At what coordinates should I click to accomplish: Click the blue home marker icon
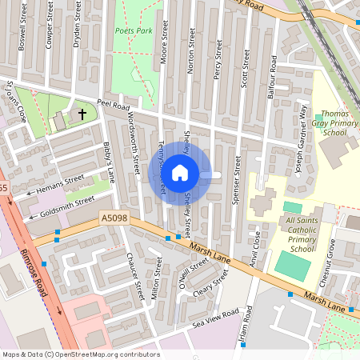coord(180,173)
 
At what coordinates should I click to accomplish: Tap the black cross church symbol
coord(82,115)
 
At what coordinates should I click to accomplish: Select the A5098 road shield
coord(114,217)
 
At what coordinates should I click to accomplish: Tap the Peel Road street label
coord(113,103)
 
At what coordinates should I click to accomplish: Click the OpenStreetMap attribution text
coord(80,354)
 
